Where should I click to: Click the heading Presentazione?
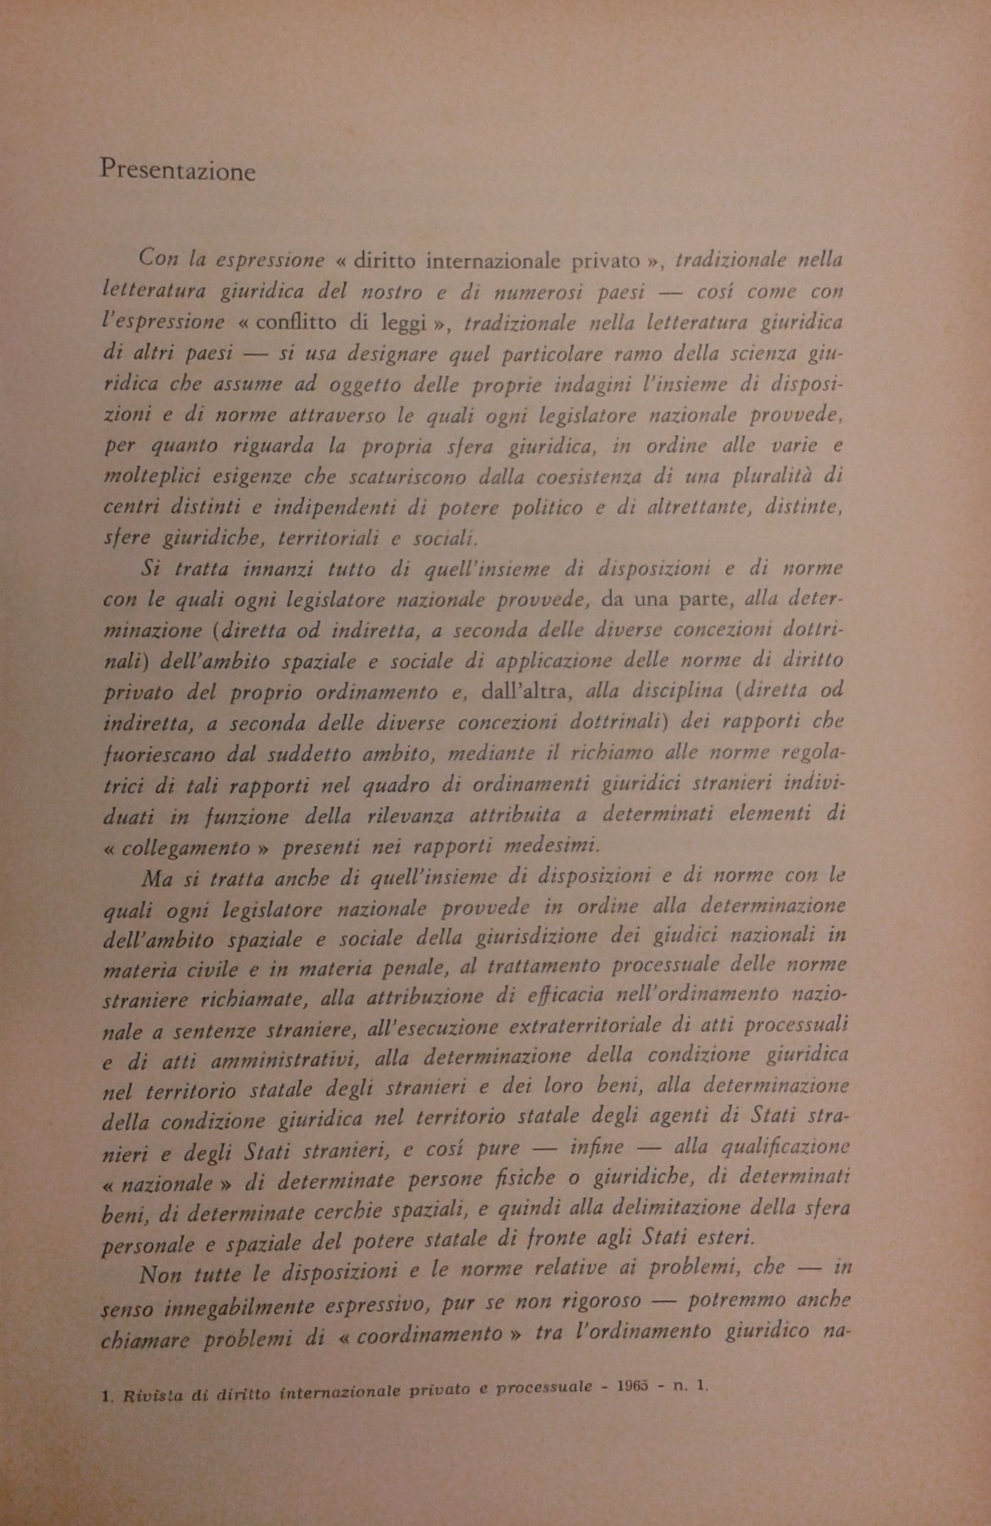(178, 171)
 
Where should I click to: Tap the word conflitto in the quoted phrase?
(295, 322)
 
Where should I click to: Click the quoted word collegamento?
(186, 848)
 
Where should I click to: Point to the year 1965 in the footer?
(629, 1387)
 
